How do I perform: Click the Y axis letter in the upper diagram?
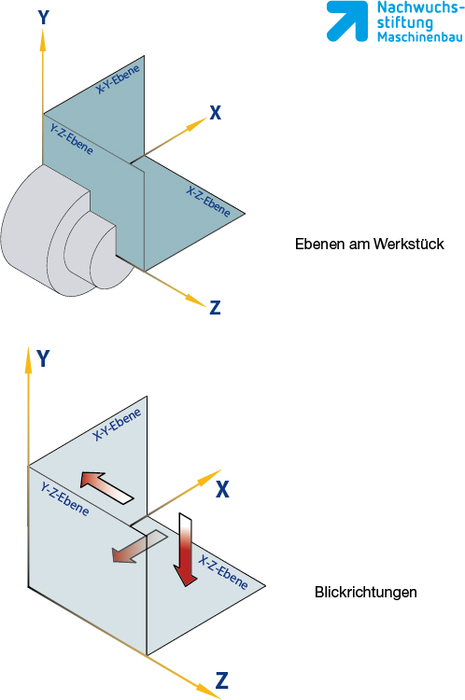pyautogui.click(x=43, y=18)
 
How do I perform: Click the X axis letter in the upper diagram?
pyautogui.click(x=216, y=113)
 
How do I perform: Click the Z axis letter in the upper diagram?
pyautogui.click(x=216, y=308)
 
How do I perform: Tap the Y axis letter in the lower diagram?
pyautogui.click(x=43, y=358)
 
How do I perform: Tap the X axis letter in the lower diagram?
pyautogui.click(x=222, y=489)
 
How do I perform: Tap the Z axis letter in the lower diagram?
pyautogui.click(x=222, y=680)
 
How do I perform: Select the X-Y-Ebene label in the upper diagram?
pyautogui.click(x=118, y=79)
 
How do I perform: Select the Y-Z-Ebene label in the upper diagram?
pyautogui.click(x=72, y=139)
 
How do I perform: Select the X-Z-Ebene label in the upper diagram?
pyautogui.click(x=208, y=202)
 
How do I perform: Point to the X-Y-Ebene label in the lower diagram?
pyautogui.click(x=117, y=425)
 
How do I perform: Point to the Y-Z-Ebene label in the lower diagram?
pyautogui.click(x=64, y=498)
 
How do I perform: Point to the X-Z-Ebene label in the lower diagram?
pyautogui.click(x=223, y=573)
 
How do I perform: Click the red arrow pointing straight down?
pyautogui.click(x=185, y=550)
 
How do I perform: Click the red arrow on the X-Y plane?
pyautogui.click(x=106, y=488)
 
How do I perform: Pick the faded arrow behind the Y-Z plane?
pyautogui.click(x=139, y=546)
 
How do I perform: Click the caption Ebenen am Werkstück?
pyautogui.click(x=370, y=244)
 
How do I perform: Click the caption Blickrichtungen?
pyautogui.click(x=366, y=592)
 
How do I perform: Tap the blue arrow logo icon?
pyautogui.click(x=347, y=21)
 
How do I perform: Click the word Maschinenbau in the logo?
pyautogui.click(x=420, y=36)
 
